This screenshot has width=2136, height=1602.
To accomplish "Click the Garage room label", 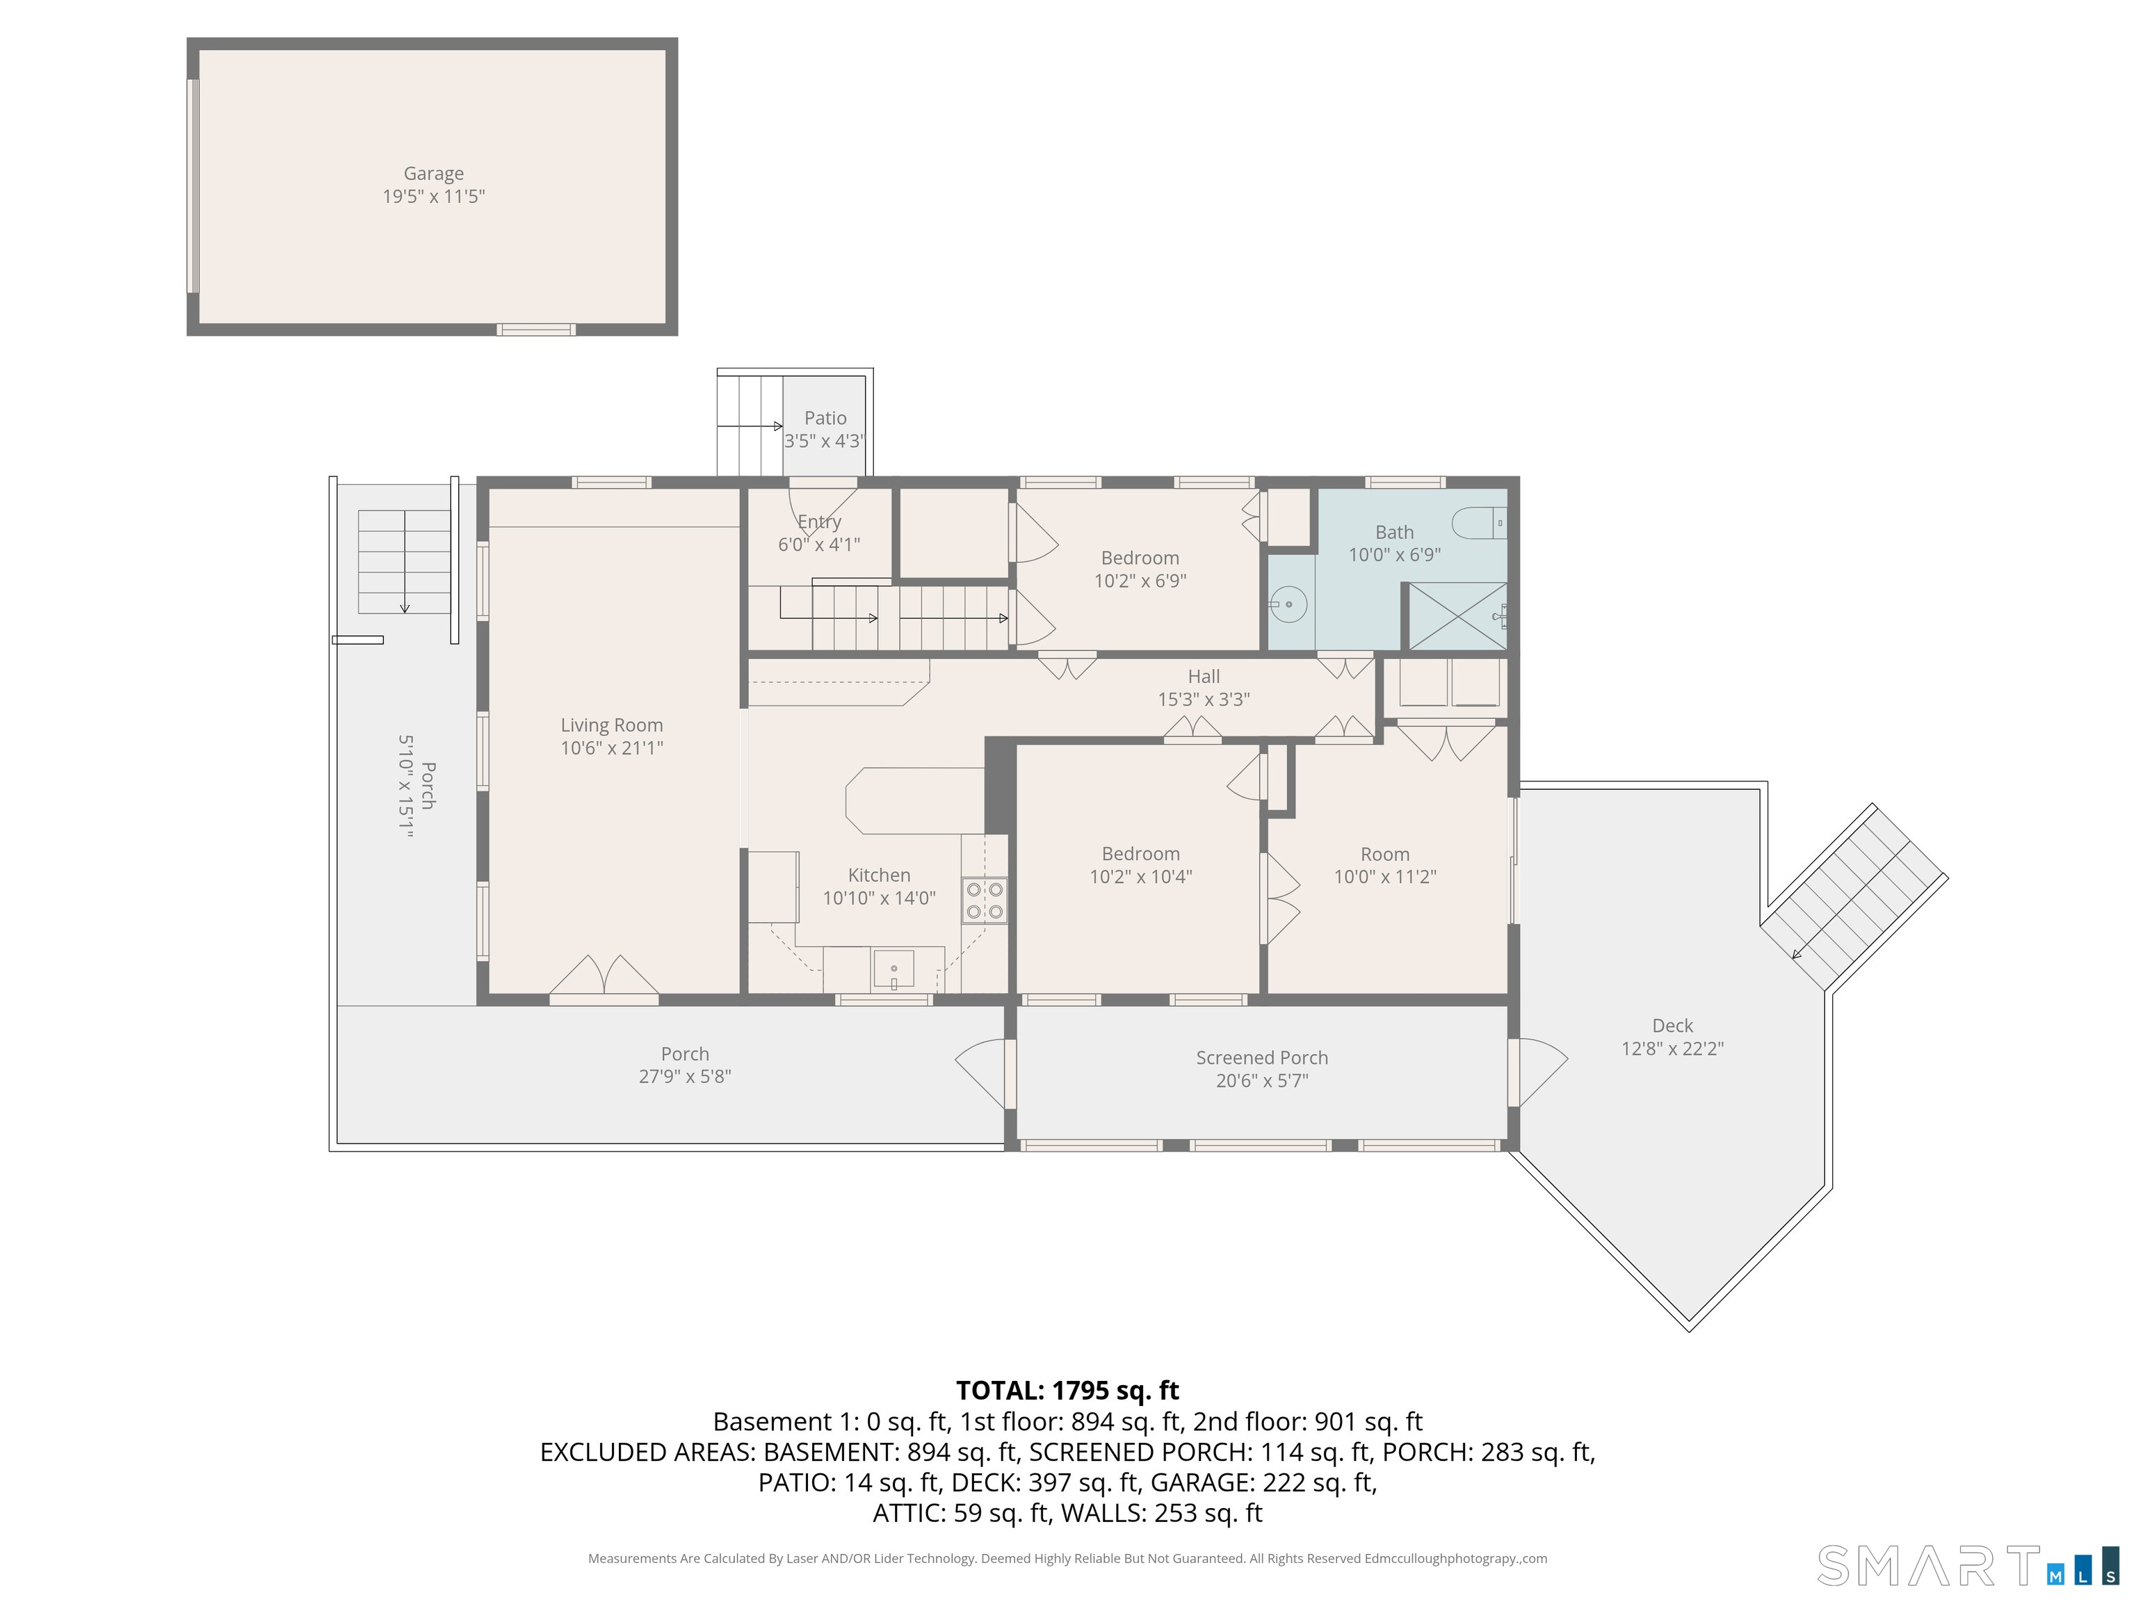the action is (434, 174).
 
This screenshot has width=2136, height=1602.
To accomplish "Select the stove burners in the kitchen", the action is (984, 900).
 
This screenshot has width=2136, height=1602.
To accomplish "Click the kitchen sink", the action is (894, 969).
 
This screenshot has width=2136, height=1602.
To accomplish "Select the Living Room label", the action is (612, 725).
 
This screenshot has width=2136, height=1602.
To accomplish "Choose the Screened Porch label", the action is (1262, 1058).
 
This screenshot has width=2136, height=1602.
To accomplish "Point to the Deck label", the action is (1672, 1026).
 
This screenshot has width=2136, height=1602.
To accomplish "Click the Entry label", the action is (819, 521).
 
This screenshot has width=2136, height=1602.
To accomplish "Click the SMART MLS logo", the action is (1967, 1565).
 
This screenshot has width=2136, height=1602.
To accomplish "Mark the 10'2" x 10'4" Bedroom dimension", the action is (1140, 877).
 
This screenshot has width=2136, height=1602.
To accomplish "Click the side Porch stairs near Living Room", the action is (405, 562).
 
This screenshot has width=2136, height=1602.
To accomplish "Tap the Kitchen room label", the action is (879, 875).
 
